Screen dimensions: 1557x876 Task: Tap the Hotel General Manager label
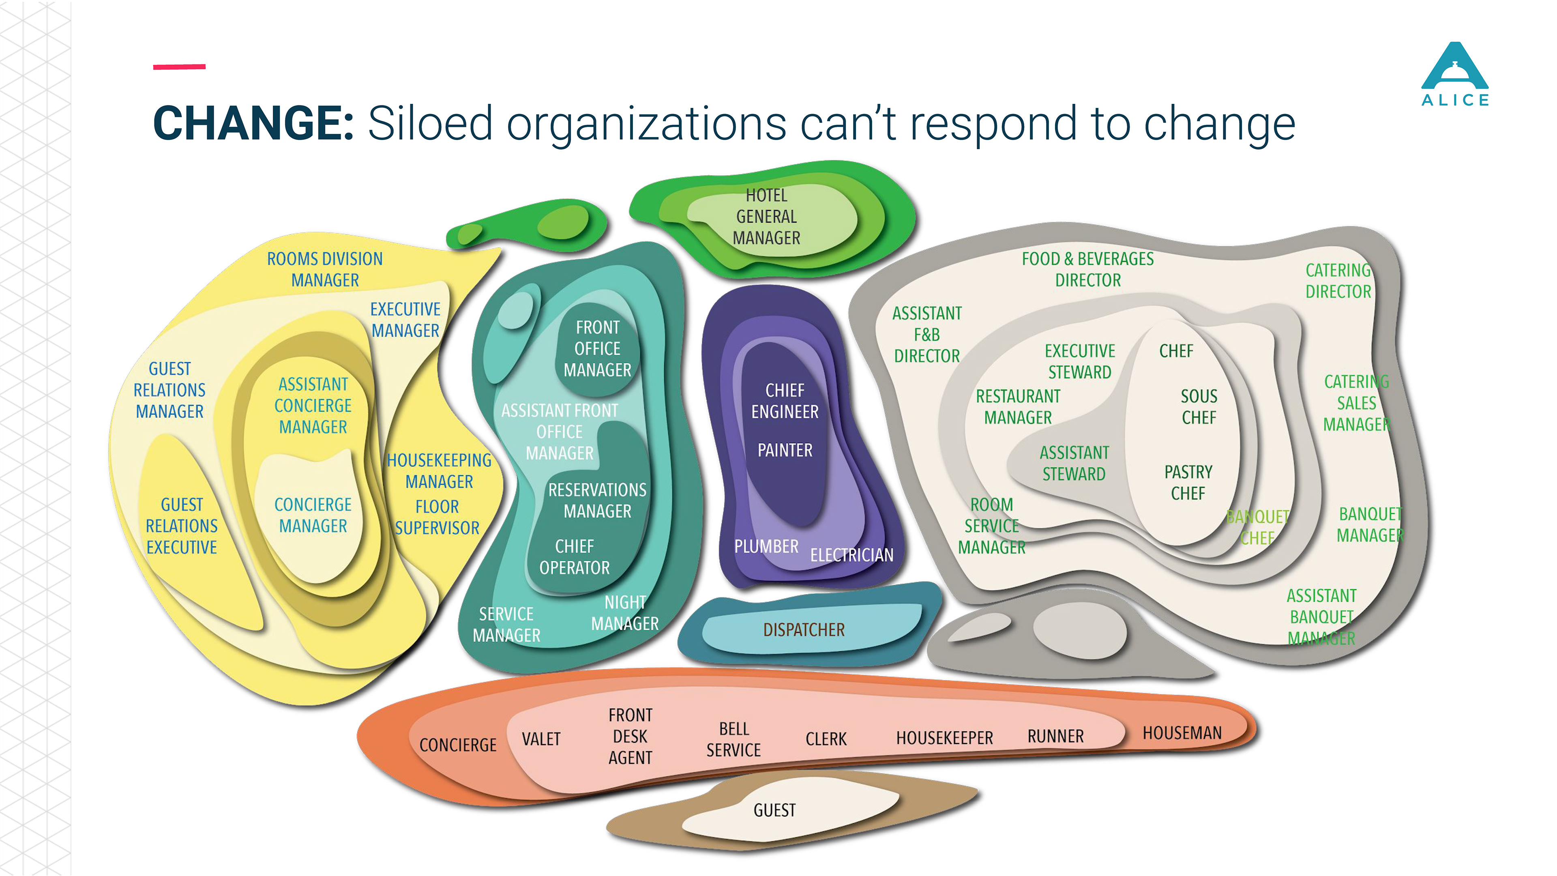(766, 217)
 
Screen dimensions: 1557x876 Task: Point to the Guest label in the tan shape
(774, 810)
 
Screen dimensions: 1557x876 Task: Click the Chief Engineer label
(785, 401)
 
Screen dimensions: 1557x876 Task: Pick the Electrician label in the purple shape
(851, 555)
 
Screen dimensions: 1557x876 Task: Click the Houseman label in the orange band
(1182, 733)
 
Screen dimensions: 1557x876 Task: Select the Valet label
(541, 739)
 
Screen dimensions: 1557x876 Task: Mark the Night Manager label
(625, 613)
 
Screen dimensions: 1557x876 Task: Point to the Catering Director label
(1338, 281)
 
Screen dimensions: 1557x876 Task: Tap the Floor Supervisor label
(437, 517)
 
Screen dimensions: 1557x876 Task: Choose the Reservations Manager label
(597, 500)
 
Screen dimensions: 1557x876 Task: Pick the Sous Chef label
(1199, 407)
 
